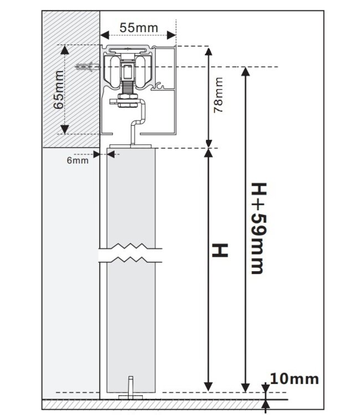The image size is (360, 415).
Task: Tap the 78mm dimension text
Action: point(219,96)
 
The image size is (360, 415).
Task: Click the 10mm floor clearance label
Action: point(295,379)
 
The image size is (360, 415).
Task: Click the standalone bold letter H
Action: point(221,250)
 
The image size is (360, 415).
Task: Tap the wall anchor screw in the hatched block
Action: point(85,68)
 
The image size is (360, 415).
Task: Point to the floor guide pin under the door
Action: point(130,386)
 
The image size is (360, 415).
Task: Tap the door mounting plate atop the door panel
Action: point(131,147)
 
